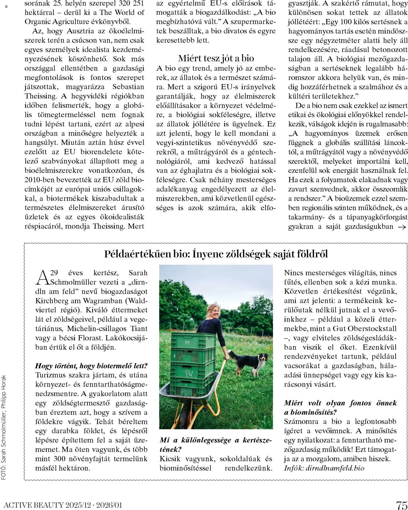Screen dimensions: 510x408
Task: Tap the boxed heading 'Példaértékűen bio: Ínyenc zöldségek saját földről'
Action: [216, 254]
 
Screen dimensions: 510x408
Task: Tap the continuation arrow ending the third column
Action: [402, 227]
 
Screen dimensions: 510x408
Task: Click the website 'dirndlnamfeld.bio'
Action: [335, 468]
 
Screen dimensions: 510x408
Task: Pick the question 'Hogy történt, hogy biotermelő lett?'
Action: [91, 366]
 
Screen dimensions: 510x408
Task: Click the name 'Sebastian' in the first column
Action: [128, 87]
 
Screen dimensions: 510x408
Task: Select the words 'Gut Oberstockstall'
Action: [365, 328]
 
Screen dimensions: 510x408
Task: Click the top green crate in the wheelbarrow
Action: [193, 341]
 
